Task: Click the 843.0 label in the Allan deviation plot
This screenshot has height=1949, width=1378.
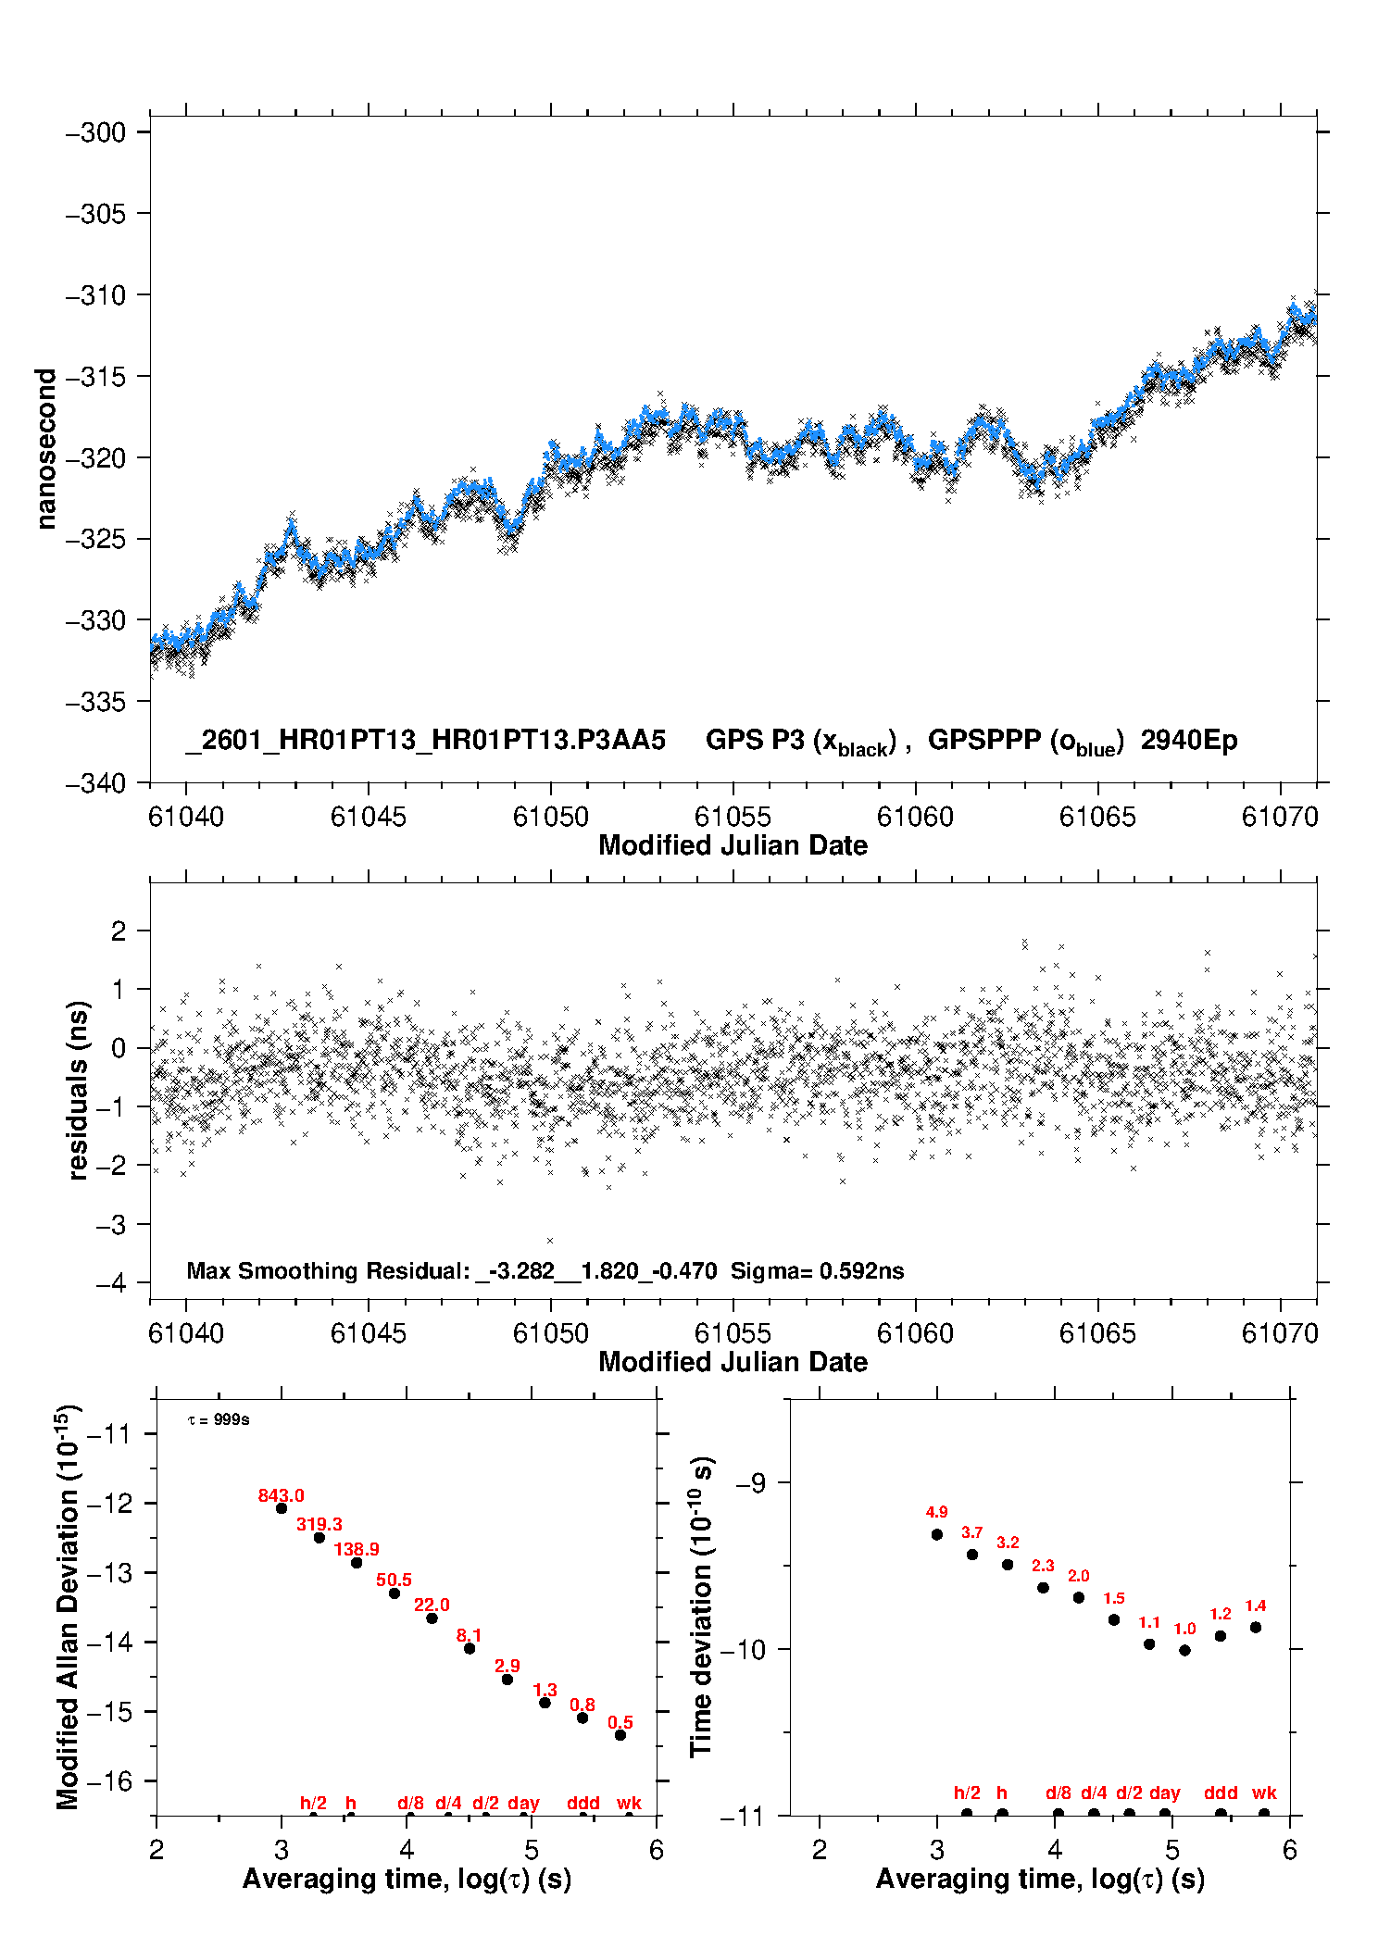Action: (281, 1495)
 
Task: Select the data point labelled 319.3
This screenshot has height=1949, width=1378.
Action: (319, 1538)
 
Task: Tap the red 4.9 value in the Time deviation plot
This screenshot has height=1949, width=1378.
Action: (936, 1512)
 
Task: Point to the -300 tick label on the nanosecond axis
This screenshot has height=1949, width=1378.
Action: (95, 132)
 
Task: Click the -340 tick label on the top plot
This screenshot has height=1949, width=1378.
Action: (95, 783)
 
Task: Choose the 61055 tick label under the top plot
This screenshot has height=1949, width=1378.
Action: (733, 817)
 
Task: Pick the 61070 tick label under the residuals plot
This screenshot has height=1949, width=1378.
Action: (1280, 1333)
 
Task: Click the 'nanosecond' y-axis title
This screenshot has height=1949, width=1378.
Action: (44, 449)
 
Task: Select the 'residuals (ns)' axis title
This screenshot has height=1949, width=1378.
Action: (78, 1090)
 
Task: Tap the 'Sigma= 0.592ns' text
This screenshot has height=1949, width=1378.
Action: (817, 1270)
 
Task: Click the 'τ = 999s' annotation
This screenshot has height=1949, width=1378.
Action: (219, 1420)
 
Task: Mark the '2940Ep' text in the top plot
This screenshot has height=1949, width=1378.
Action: (1189, 740)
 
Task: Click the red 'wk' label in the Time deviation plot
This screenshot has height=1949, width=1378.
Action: (1264, 1793)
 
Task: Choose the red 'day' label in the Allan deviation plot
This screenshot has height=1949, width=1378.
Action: (523, 1803)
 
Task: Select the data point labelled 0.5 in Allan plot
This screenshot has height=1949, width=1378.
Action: (620, 1735)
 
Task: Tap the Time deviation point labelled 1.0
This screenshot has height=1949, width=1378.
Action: (1184, 1650)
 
